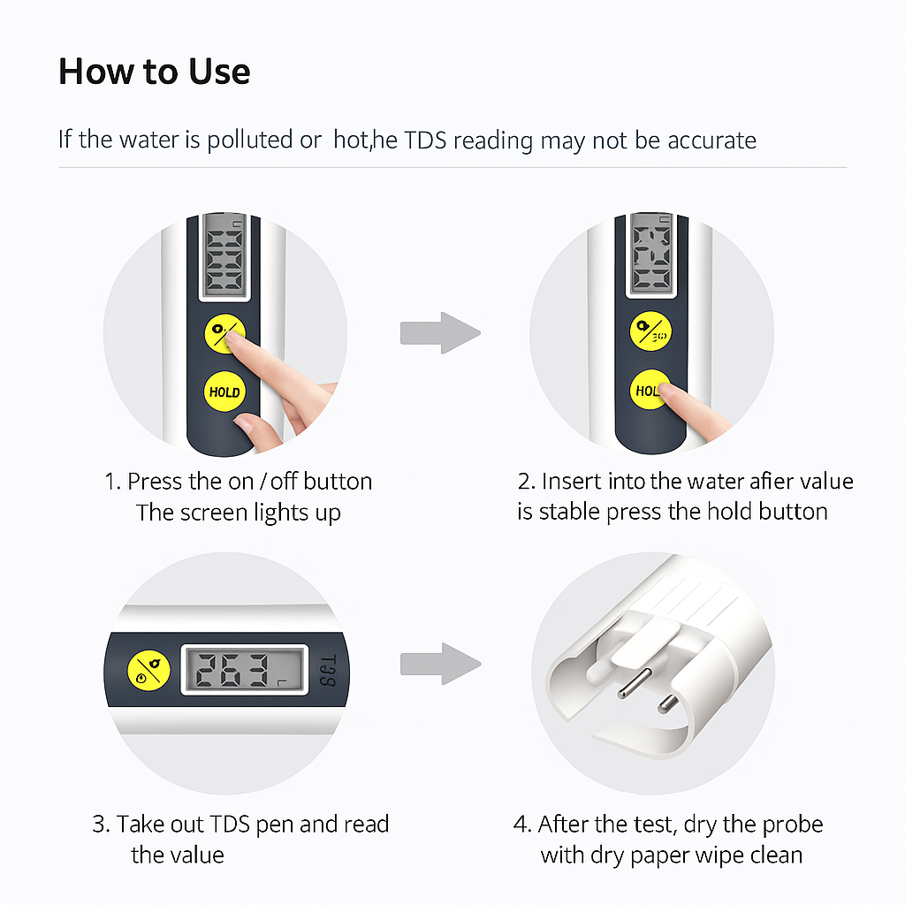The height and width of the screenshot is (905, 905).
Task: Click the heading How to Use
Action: click(x=154, y=72)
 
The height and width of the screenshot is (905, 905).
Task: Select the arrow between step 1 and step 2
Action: click(x=440, y=333)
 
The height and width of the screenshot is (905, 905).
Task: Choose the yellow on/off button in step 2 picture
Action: click(x=650, y=331)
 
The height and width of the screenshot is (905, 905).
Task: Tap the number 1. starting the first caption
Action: click(x=112, y=482)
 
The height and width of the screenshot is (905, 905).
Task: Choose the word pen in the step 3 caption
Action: click(x=275, y=825)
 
